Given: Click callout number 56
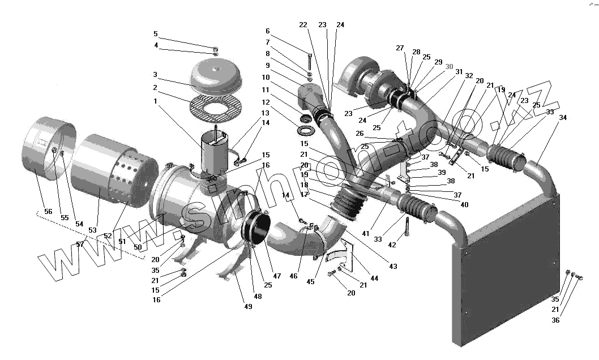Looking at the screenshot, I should [x=49, y=211].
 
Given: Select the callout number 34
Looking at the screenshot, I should [x=562, y=118].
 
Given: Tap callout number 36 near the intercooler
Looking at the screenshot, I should [x=555, y=320].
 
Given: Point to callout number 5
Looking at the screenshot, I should [x=156, y=34].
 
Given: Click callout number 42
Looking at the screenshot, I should [x=392, y=245].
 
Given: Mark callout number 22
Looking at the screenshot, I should [x=303, y=25].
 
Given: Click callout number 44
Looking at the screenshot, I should [x=374, y=278].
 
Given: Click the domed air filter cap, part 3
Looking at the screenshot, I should [x=216, y=78].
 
